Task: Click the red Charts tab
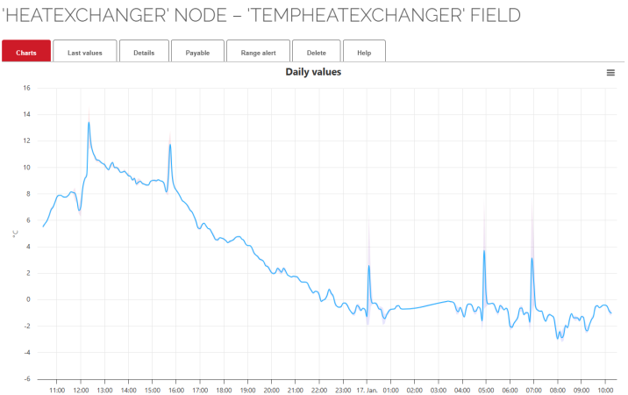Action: (26, 53)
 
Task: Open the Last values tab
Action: (85, 53)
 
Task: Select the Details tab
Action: (144, 53)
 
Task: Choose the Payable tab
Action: (197, 53)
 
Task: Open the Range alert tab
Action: (258, 53)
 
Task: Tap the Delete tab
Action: (317, 53)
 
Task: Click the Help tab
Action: (364, 53)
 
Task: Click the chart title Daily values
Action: (313, 72)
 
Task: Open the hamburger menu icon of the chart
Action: (610, 73)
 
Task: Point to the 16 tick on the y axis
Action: (26, 88)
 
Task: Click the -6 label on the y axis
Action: (26, 379)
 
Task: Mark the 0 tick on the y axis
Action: (28, 299)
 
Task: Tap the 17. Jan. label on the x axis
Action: (367, 389)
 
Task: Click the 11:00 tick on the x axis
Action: (57, 389)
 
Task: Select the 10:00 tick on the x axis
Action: (605, 389)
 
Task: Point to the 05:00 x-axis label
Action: (486, 389)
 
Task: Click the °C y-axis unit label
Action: (14, 233)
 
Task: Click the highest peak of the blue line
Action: (89, 123)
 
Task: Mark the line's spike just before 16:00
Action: (170, 143)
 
